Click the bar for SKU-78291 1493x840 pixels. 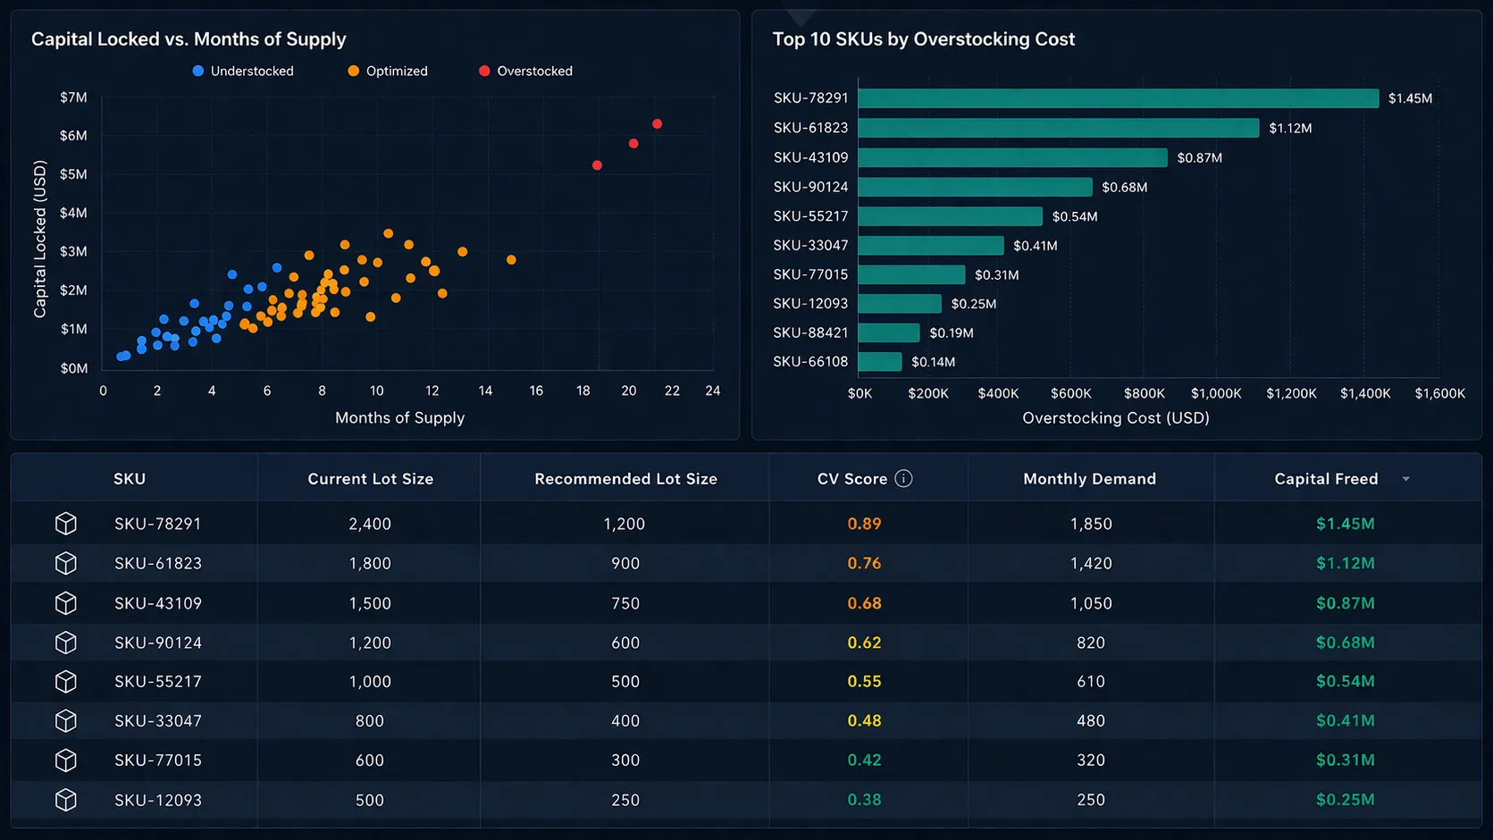click(x=1117, y=98)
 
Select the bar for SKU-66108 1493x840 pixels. click(x=879, y=362)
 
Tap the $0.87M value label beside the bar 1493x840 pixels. click(x=1199, y=158)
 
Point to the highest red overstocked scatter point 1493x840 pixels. click(x=657, y=124)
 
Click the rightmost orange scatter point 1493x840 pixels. click(x=511, y=260)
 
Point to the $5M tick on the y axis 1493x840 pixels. click(x=73, y=174)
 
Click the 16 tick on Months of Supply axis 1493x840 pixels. click(x=536, y=391)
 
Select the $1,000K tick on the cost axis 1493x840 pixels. click(x=1216, y=393)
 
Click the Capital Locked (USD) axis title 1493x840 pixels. click(x=39, y=239)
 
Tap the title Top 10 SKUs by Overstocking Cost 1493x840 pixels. click(x=923, y=39)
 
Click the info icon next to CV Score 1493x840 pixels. click(x=903, y=479)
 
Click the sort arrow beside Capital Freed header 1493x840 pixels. click(x=1405, y=479)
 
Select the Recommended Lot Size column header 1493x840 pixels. click(x=625, y=479)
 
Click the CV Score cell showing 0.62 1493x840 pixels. click(x=864, y=643)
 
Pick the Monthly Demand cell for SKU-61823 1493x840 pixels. click(x=1091, y=564)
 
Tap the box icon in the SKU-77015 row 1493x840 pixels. click(x=65, y=760)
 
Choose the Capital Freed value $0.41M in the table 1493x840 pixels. click(x=1345, y=721)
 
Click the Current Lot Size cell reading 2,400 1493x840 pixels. click(x=370, y=524)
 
